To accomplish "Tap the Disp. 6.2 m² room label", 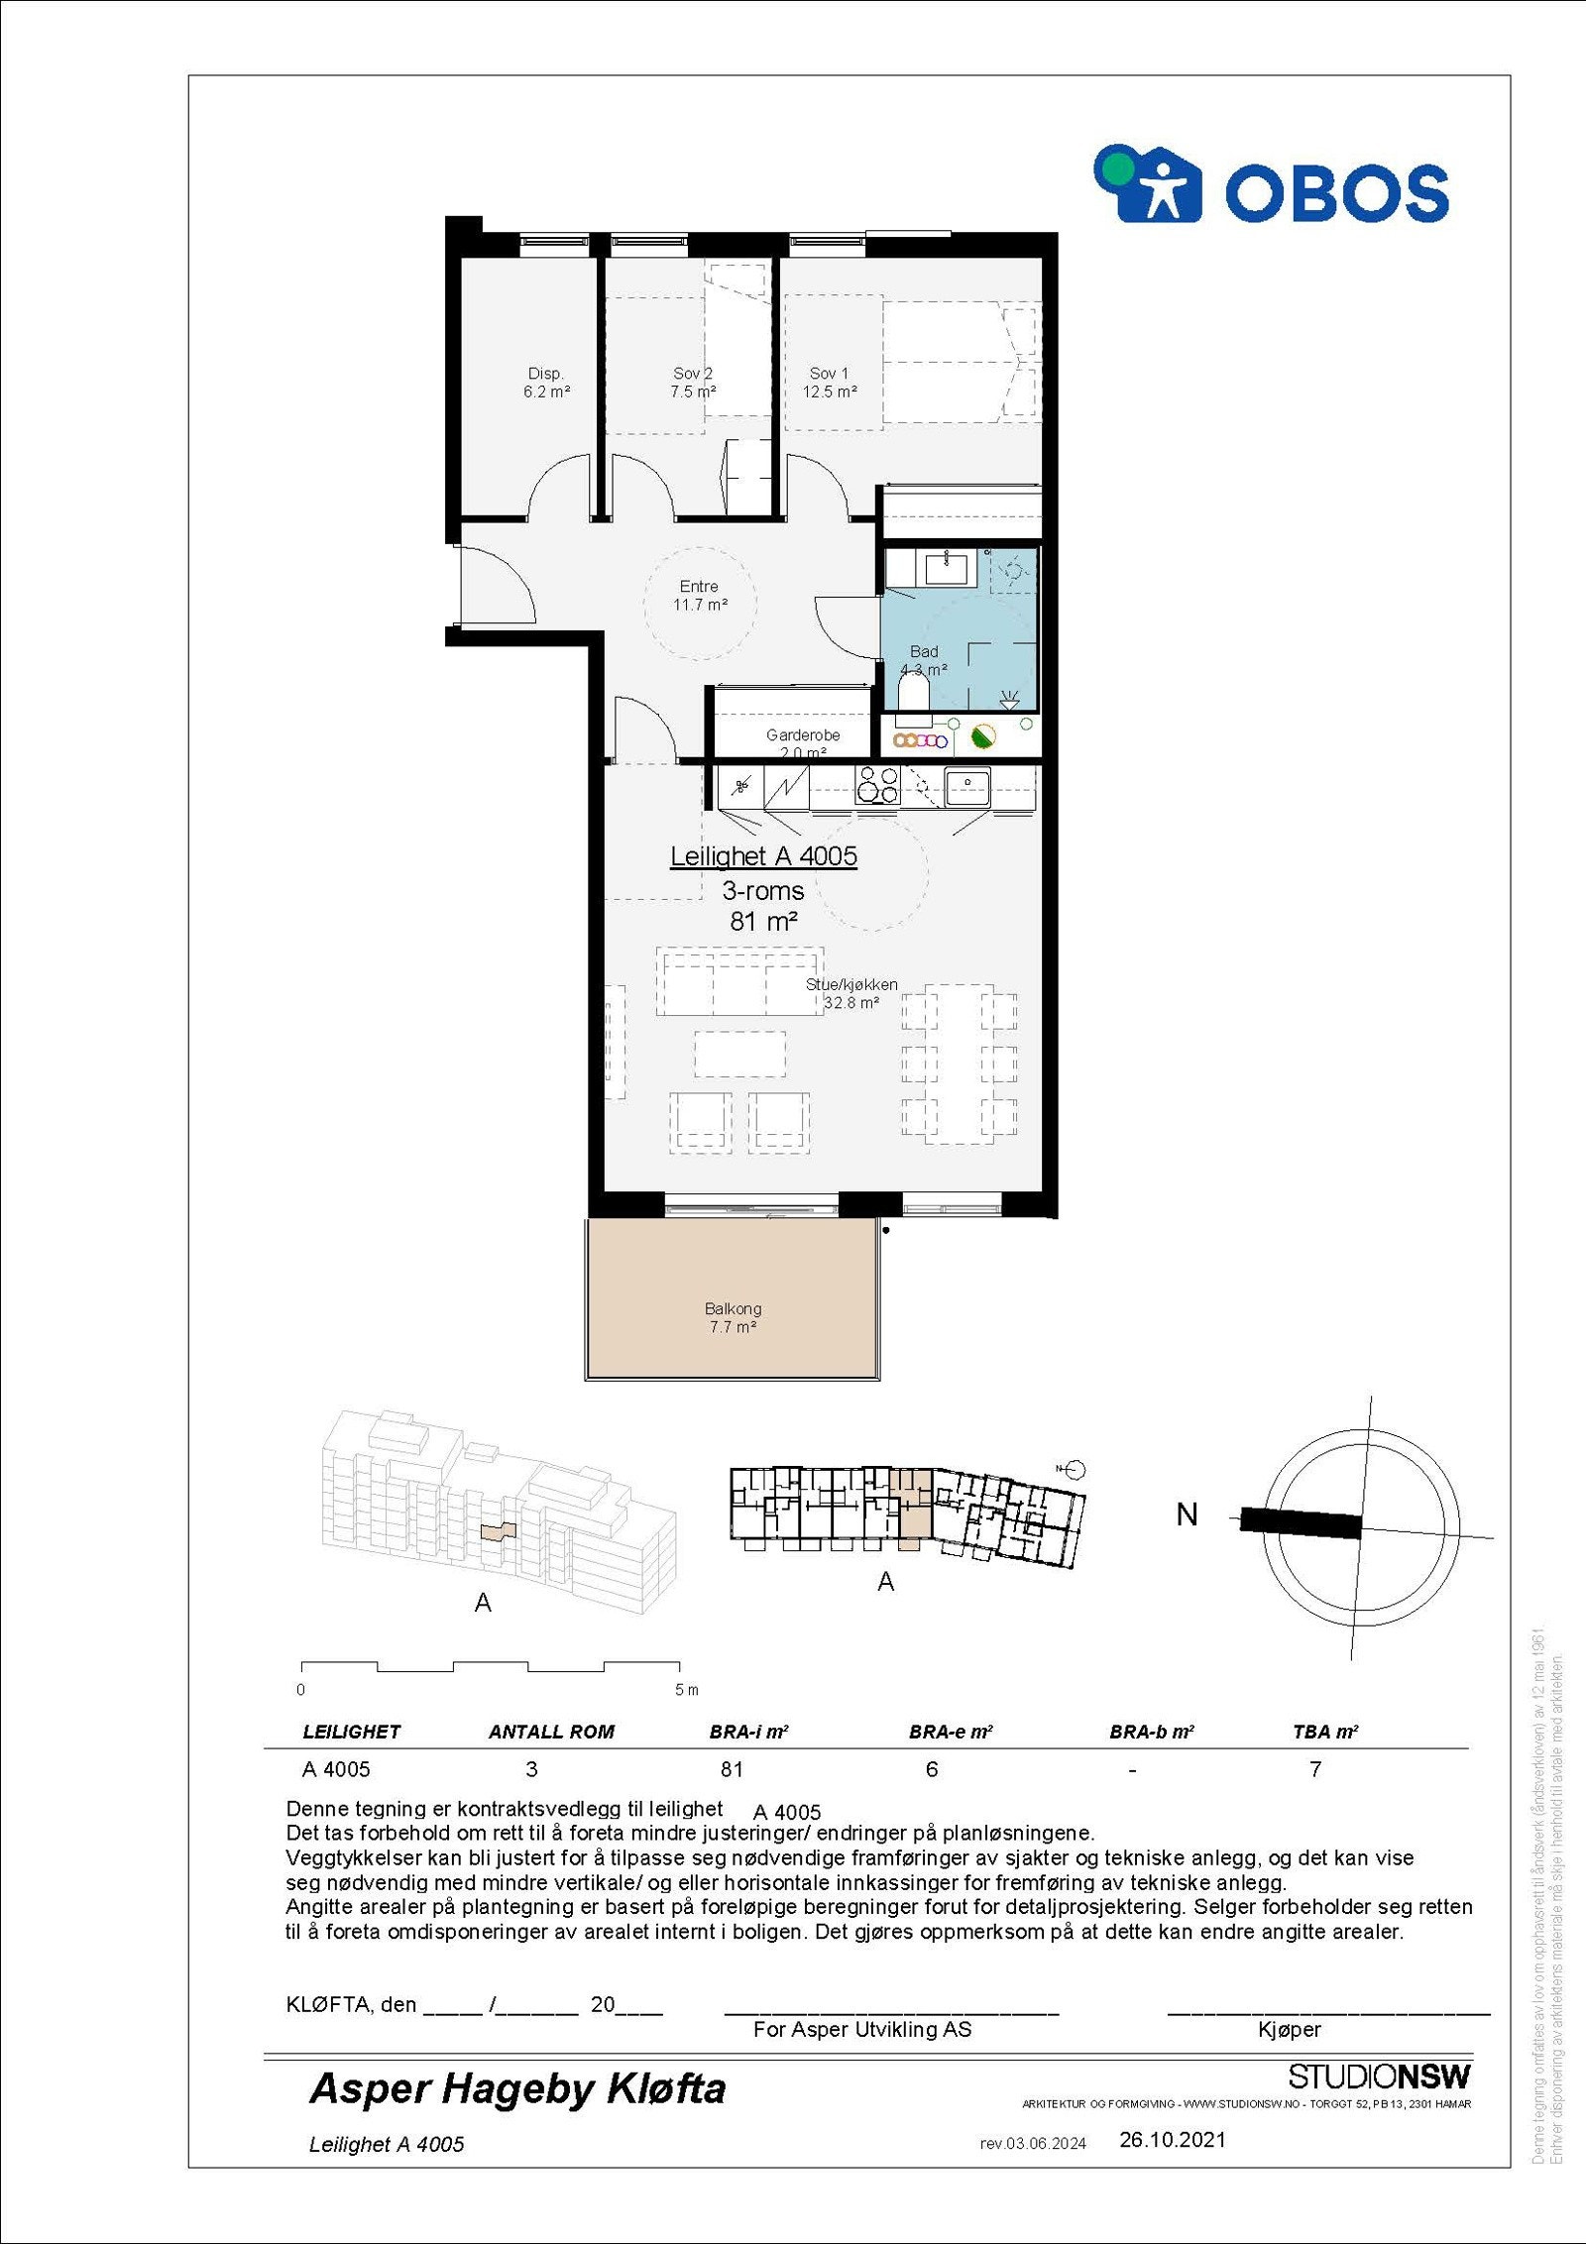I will pos(546,383).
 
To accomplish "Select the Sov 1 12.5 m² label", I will pos(830,383).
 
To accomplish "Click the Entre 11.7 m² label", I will pos(700,596).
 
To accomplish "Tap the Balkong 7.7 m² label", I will pos(734,1317).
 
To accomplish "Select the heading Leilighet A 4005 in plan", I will pos(763,856).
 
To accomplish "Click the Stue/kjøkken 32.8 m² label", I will pos(851,993).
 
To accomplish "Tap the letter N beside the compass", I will pos(1187,1515).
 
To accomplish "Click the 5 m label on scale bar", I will pos(687,1690).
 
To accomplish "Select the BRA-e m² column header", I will pos(951,1732).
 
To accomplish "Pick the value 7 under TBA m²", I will pos(1315,1769).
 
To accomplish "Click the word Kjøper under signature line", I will pos(1289,2029).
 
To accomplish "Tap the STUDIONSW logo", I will pos(1379,2076).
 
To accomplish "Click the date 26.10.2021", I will pos(1173,2140).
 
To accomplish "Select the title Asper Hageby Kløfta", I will pos(517,2088).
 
